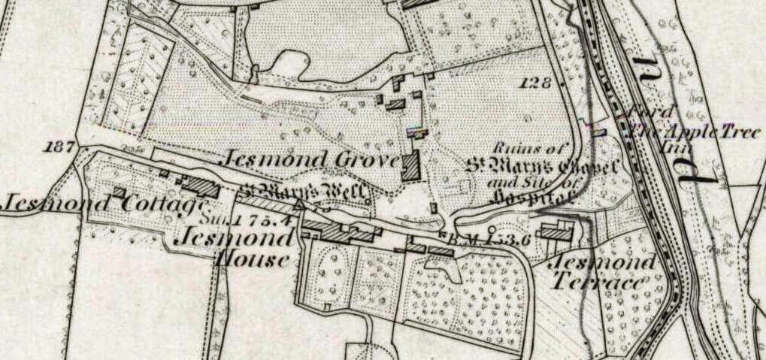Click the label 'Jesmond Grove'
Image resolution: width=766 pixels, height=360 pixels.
(x=308, y=160)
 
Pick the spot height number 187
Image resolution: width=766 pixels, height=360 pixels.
(x=59, y=146)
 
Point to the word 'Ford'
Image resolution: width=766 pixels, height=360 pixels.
(x=647, y=112)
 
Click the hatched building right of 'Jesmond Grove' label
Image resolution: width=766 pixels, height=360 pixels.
(x=410, y=165)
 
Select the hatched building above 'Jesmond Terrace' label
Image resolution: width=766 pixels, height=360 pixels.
(x=556, y=233)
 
